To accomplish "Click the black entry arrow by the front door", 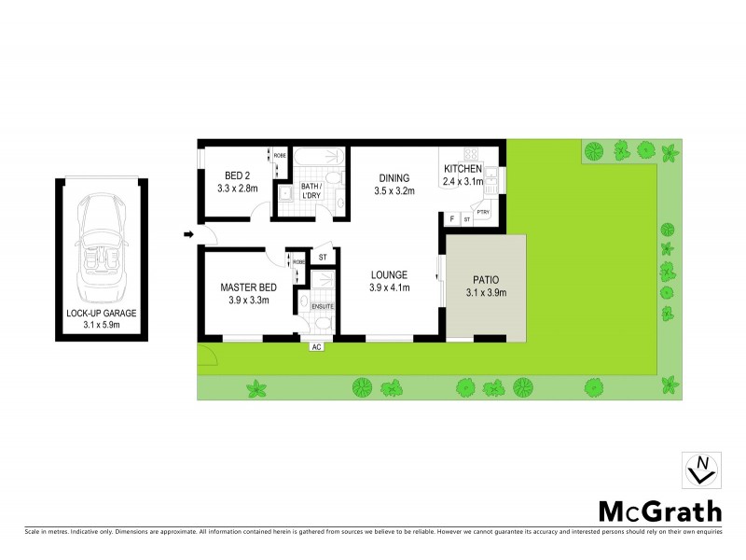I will coord(188,234).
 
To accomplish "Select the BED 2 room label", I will coord(237,175).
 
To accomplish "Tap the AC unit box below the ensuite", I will coord(316,346).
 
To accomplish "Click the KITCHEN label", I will coord(463,169).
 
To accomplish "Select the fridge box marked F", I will coord(451,218).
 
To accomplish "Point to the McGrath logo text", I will coord(659,511).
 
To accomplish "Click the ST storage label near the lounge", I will coord(323,257).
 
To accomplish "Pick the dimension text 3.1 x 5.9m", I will coord(102,326).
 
